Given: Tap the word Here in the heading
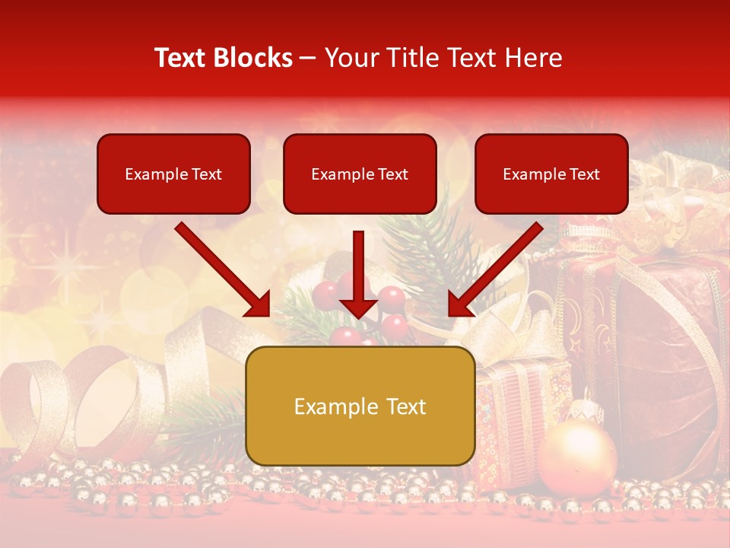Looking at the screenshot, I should point(535,58).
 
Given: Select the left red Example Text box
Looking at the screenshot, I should point(173,174).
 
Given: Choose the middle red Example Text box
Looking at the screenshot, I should point(360,174).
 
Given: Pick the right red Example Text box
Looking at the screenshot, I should point(551,174).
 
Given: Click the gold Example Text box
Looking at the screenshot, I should point(360,406).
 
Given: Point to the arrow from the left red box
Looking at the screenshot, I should point(222,269).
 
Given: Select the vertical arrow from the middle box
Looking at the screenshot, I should point(358,274).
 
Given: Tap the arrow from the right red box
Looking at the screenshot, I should point(496,269).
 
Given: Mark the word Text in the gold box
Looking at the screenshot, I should point(404,406).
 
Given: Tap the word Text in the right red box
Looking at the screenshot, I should point(584,174).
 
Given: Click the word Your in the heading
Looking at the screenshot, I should point(351,58).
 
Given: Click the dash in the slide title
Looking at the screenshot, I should point(308,58).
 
